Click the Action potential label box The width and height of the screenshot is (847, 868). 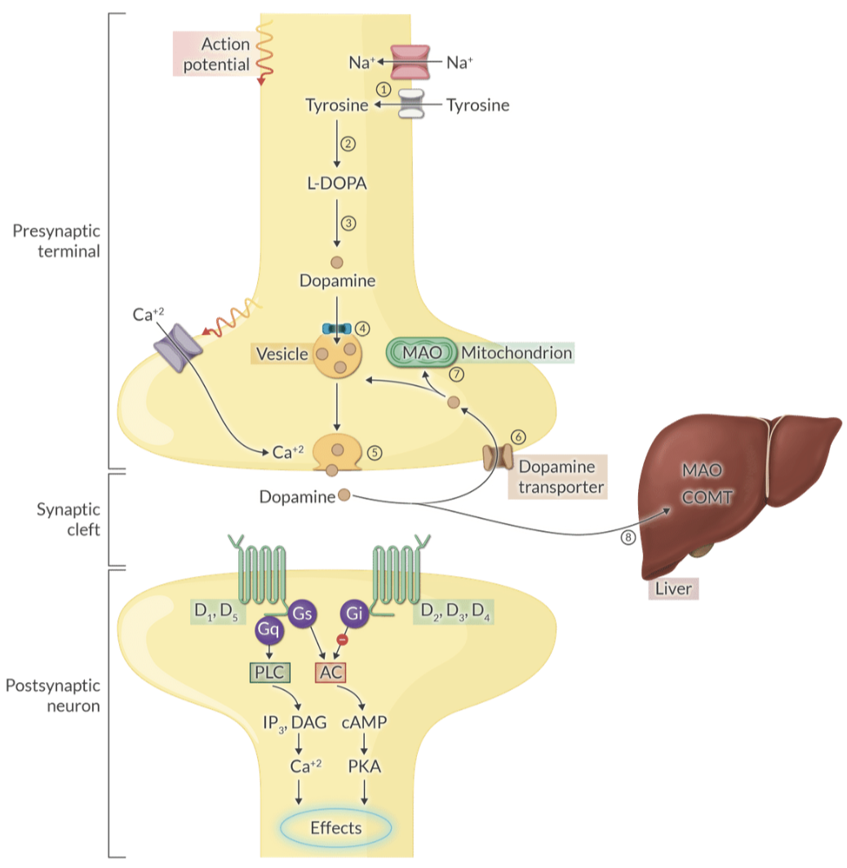click(215, 54)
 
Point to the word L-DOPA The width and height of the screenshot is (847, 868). click(337, 183)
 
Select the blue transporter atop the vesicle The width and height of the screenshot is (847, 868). click(336, 329)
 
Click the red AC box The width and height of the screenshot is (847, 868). click(331, 672)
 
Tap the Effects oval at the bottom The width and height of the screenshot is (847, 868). click(336, 827)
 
